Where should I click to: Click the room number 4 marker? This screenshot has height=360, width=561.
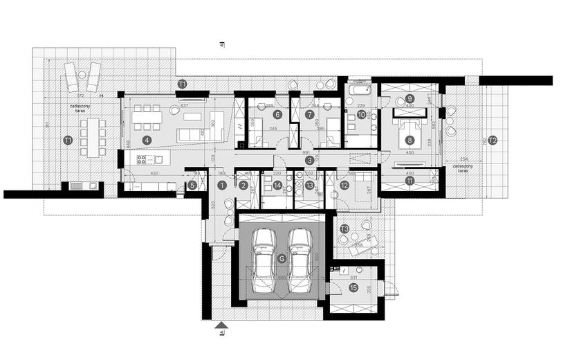pos(147,139)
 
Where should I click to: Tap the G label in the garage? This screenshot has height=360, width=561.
pos(281,258)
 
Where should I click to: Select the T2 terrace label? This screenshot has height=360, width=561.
pos(493,140)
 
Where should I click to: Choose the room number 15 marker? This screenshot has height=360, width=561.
pos(353,290)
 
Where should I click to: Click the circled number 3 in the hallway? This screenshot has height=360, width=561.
pos(309,160)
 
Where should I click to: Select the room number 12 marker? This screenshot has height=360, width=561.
pos(344,185)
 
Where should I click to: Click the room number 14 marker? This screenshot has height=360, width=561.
pos(277,185)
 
